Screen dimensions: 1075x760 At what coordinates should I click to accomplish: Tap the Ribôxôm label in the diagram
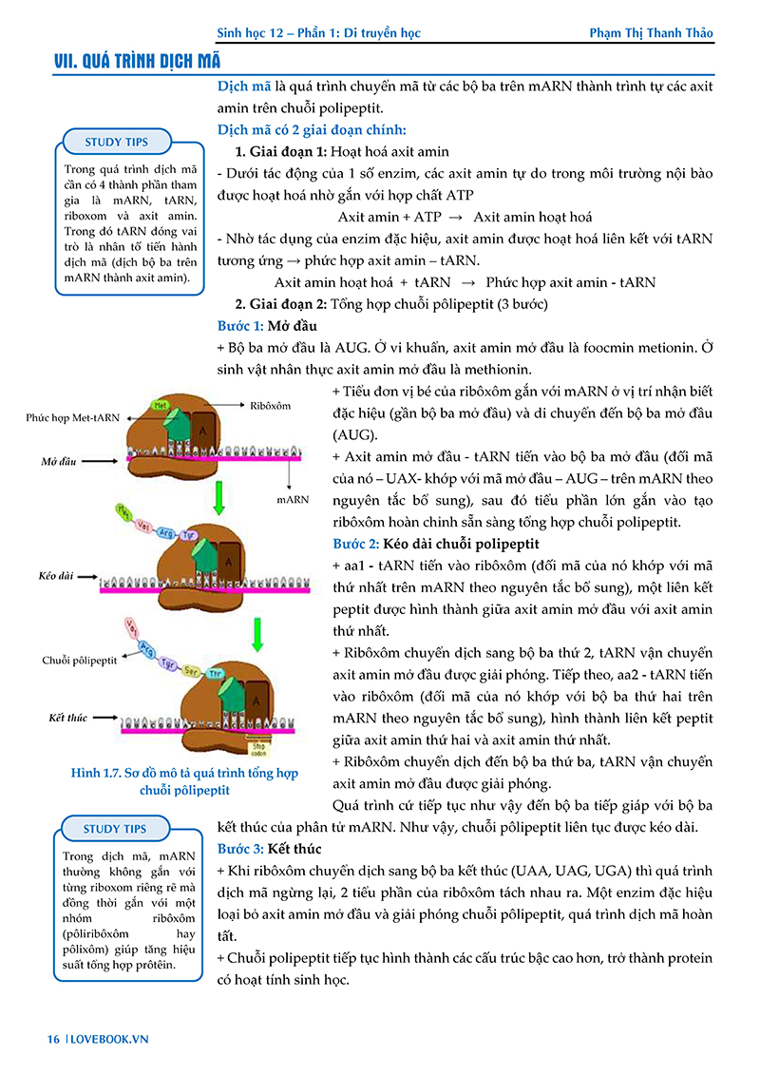tap(271, 405)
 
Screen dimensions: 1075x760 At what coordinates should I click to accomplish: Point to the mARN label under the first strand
tap(293, 497)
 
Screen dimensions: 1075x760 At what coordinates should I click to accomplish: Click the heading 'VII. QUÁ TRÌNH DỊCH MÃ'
tap(138, 62)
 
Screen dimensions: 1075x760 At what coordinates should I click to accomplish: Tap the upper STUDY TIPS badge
tap(116, 143)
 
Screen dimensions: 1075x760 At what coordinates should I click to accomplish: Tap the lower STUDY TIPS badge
tap(116, 829)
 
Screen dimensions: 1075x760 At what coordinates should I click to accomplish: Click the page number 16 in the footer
tap(53, 1039)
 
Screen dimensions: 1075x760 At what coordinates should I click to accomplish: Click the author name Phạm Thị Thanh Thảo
tap(651, 33)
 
